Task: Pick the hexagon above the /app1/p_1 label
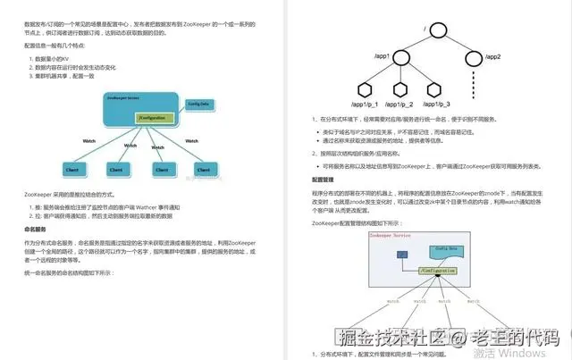click(364, 89)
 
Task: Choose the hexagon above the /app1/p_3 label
click(433, 89)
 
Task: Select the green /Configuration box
click(152, 119)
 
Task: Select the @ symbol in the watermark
click(456, 338)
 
